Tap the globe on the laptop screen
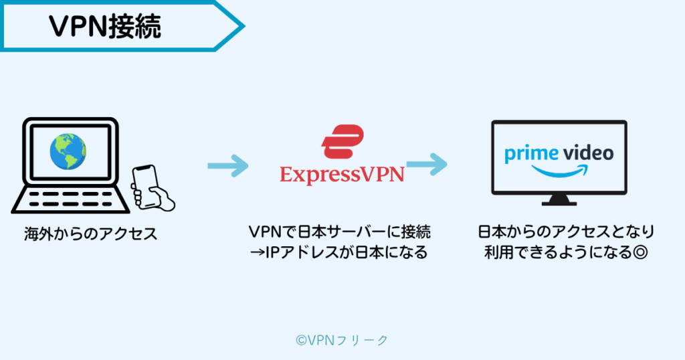(x=68, y=151)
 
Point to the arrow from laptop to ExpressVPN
(x=227, y=165)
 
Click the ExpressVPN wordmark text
(x=342, y=175)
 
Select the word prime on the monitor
(x=530, y=153)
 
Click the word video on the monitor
(x=586, y=153)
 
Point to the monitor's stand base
(x=559, y=201)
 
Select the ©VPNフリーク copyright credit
(x=342, y=340)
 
